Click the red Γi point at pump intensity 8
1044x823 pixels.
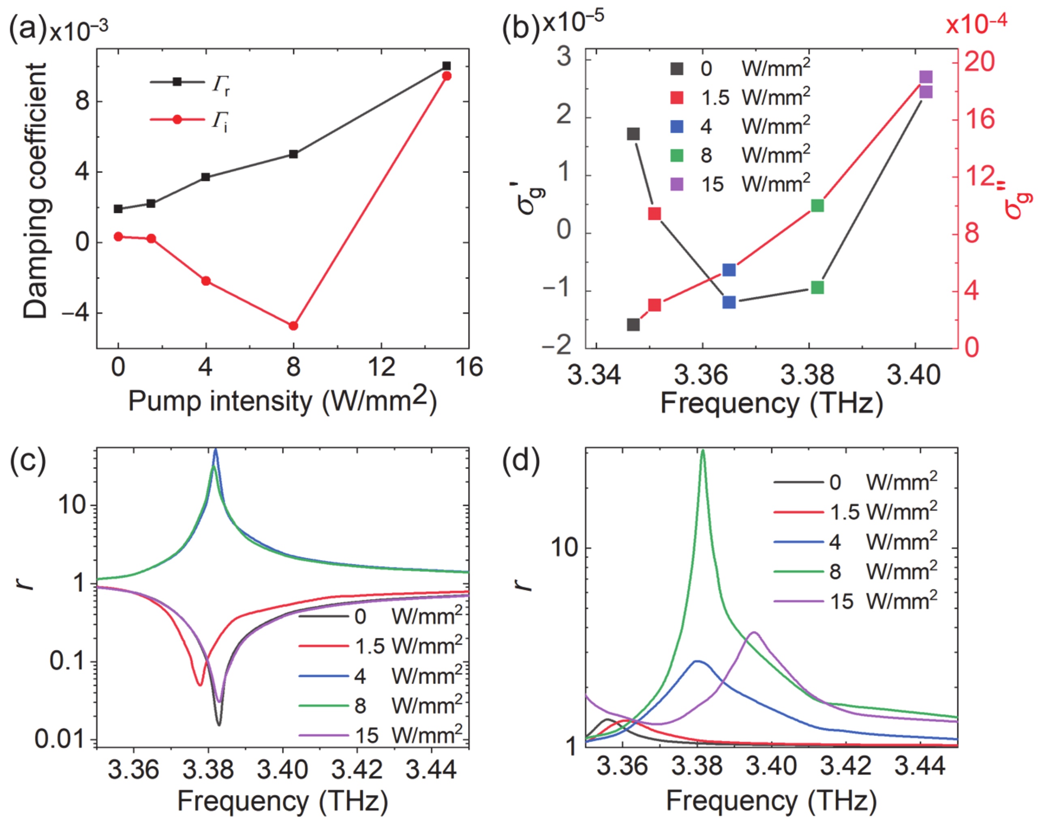293,326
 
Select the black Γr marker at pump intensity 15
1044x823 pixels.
447,66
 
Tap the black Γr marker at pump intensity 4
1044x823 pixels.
206,177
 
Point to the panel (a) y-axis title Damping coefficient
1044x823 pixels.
35,190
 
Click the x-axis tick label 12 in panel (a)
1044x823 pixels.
381,368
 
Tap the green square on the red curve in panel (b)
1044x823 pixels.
817,206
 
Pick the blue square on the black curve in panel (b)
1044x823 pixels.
729,302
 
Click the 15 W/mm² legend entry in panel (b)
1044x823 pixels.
740,184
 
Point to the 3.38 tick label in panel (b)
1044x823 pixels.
807,375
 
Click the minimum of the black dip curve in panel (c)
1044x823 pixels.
219,724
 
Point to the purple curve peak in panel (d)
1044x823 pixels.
754,633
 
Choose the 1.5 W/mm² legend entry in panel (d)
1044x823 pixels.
856,512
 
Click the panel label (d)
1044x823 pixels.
521,461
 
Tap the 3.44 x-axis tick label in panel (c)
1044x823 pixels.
431,770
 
